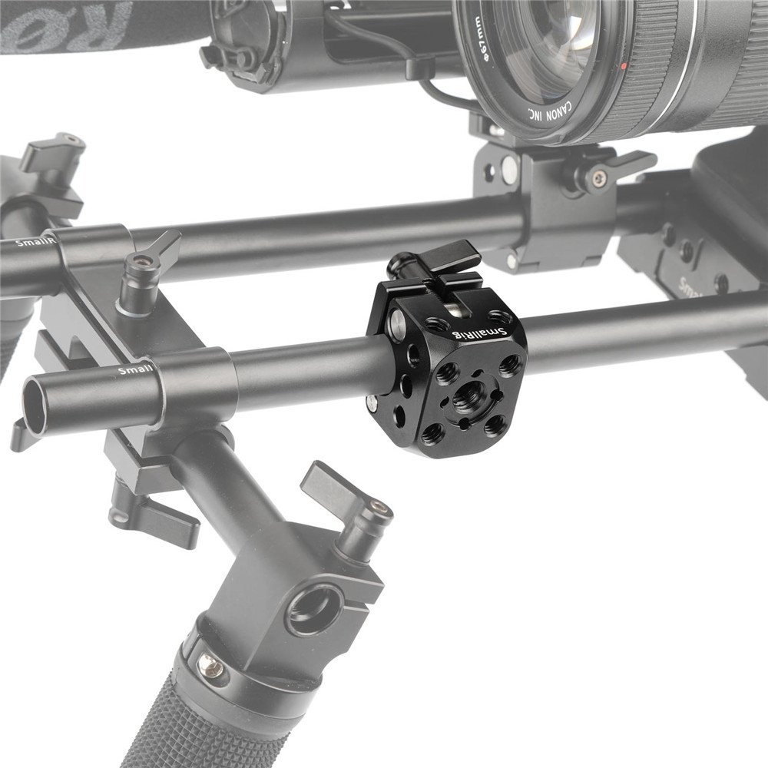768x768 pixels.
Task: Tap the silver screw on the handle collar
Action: pyautogui.click(x=214, y=670)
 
